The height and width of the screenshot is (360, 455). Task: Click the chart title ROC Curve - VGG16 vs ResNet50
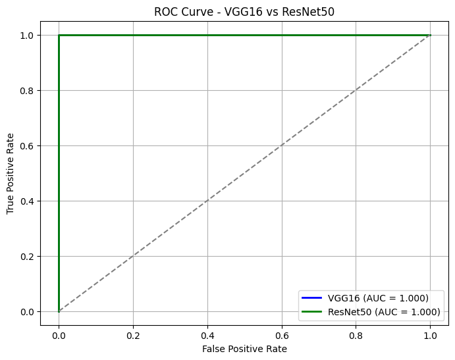(x=244, y=11)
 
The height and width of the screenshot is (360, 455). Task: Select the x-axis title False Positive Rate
(x=244, y=349)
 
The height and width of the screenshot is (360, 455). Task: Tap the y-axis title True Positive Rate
(x=11, y=172)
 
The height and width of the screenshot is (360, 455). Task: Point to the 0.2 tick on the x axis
(x=133, y=334)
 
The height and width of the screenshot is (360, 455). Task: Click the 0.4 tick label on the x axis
(x=207, y=334)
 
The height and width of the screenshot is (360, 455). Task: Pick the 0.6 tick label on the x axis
(x=282, y=334)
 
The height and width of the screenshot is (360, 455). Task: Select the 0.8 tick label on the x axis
(x=356, y=334)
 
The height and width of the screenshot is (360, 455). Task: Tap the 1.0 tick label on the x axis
(x=431, y=334)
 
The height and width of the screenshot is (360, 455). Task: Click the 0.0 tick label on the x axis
(x=59, y=334)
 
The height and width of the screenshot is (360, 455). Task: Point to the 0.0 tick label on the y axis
(x=27, y=311)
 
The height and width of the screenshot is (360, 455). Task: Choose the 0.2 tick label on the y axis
(x=27, y=256)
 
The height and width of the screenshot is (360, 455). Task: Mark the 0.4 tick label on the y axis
(x=27, y=201)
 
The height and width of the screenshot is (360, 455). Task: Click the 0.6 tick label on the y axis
(x=27, y=145)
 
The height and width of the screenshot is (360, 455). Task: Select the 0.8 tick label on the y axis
(x=27, y=90)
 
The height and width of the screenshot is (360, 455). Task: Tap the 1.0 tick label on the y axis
(x=27, y=35)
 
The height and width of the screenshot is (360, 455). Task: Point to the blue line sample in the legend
(x=312, y=297)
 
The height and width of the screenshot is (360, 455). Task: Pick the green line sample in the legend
(x=312, y=312)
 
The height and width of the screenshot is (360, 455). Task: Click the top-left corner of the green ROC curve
(x=59, y=35)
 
